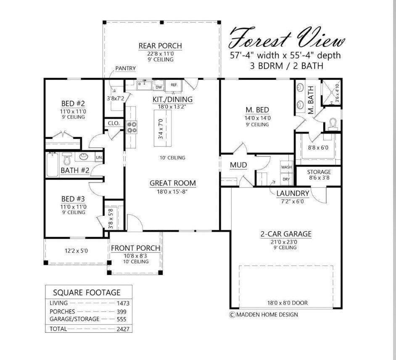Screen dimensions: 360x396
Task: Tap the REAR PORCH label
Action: pyautogui.click(x=160, y=46)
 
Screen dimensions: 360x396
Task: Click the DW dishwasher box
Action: pyautogui.click(x=158, y=87)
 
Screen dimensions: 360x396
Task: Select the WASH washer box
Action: pyautogui.click(x=287, y=167)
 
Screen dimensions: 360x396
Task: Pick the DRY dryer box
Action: pyautogui.click(x=286, y=179)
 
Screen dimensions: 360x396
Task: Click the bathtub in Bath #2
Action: pyautogui.click(x=52, y=164)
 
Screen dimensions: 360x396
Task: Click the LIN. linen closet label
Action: pyautogui.click(x=99, y=158)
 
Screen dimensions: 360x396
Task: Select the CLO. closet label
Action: pyautogui.click(x=114, y=124)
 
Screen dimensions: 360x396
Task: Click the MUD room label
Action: pyautogui.click(x=238, y=165)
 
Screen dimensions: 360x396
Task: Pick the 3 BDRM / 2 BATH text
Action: pyautogui.click(x=285, y=66)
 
